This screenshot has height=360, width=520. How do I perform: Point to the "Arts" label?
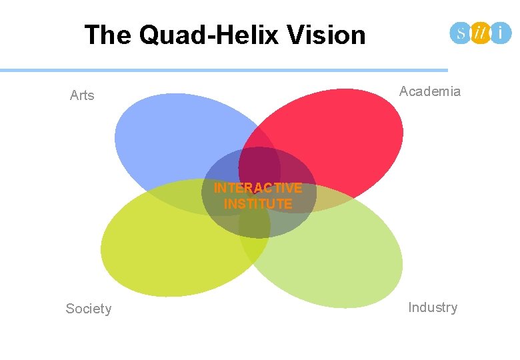(82, 95)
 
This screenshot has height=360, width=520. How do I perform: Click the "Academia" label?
(430, 91)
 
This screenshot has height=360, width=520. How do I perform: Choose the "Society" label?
(89, 309)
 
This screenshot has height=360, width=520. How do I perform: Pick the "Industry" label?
(433, 307)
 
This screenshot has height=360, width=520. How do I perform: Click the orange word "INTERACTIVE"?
(258, 188)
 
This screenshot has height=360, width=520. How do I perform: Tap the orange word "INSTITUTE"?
(258, 204)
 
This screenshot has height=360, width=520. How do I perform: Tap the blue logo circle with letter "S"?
(461, 33)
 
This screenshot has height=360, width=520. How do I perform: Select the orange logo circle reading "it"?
(480, 33)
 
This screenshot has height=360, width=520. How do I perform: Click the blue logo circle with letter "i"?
(501, 33)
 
